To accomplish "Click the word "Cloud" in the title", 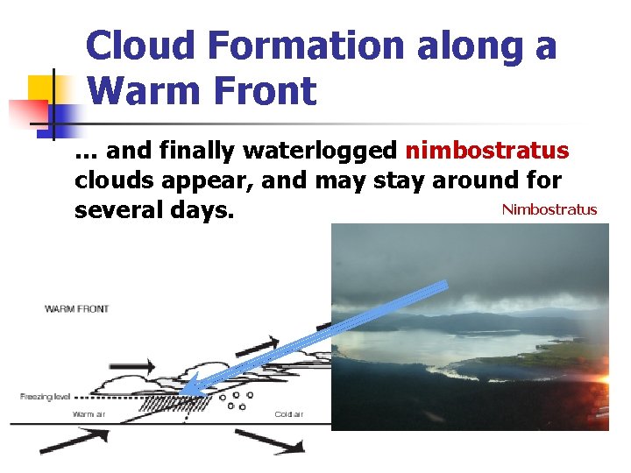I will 138,46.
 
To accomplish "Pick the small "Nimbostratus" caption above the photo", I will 549,209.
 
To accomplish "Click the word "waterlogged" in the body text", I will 320,152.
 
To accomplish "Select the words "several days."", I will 154,211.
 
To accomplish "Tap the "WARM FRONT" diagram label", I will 77,309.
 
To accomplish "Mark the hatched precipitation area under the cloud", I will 180,404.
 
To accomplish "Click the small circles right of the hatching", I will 236,401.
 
